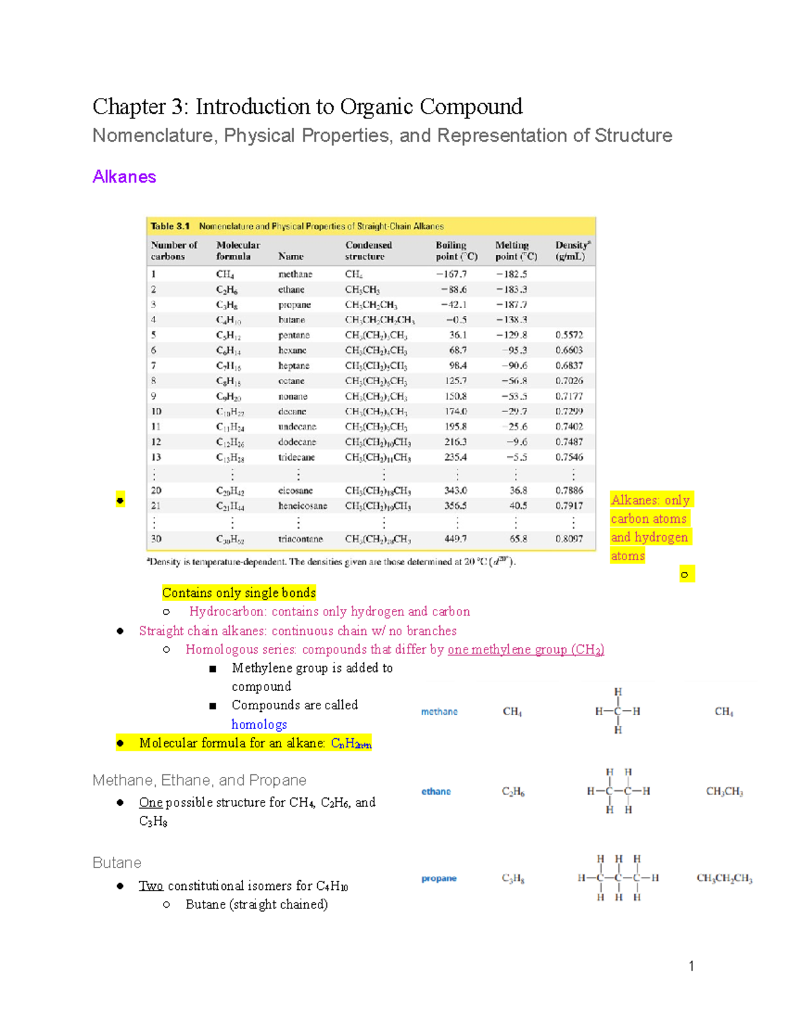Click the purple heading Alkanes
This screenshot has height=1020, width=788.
pyautogui.click(x=124, y=177)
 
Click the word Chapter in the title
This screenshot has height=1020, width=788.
pyautogui.click(x=129, y=106)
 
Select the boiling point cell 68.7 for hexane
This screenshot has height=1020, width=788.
pyautogui.click(x=458, y=350)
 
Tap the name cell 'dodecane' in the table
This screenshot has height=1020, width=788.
pyautogui.click(x=297, y=442)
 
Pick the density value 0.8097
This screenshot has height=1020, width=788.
pyautogui.click(x=569, y=539)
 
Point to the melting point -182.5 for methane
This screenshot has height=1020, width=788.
pyautogui.click(x=512, y=274)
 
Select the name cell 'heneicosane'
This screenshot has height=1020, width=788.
pyautogui.click(x=302, y=506)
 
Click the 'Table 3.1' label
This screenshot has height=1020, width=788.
pyautogui.click(x=170, y=226)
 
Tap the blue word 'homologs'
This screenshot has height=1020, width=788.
pyautogui.click(x=259, y=724)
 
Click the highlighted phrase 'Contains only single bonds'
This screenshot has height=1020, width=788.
pyautogui.click(x=239, y=592)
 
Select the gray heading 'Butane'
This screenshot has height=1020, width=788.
pyautogui.click(x=117, y=862)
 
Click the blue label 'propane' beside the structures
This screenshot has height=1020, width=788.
pyautogui.click(x=439, y=878)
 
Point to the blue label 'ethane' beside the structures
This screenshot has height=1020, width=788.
pyautogui.click(x=436, y=791)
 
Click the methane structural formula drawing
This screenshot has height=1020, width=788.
pyautogui.click(x=617, y=711)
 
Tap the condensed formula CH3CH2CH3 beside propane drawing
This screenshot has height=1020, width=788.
pyautogui.click(x=724, y=878)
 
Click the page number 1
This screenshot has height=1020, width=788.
pyautogui.click(x=691, y=965)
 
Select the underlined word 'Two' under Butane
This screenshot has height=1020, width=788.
pyautogui.click(x=150, y=885)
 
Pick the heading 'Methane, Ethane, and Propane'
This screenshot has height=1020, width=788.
pyautogui.click(x=200, y=780)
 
